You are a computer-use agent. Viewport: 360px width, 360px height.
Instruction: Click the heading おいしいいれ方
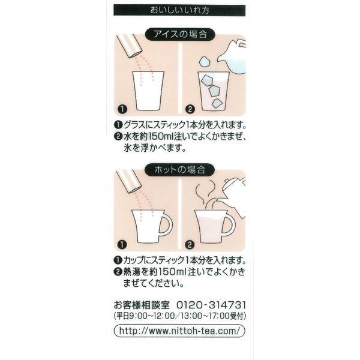pos(179,10)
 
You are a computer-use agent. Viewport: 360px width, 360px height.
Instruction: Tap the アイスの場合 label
pos(180,34)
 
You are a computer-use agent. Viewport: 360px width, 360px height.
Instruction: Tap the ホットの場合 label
pos(180,170)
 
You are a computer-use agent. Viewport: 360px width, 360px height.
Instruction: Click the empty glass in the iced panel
pos(148,91)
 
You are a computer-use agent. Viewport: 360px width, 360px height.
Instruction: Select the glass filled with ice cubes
pos(214,91)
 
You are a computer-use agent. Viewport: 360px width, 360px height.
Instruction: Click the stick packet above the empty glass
pos(129,46)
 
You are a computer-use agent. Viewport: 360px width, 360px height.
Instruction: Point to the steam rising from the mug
pos(205,193)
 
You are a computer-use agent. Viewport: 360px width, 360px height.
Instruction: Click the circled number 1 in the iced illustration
pos(122,109)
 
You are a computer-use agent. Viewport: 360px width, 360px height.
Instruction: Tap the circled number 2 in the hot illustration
pos(190,245)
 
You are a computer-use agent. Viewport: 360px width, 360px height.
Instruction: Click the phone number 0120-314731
pos(211,305)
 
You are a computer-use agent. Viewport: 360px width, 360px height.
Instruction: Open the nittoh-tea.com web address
pos(179,331)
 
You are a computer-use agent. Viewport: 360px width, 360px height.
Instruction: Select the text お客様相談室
pos(142,305)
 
